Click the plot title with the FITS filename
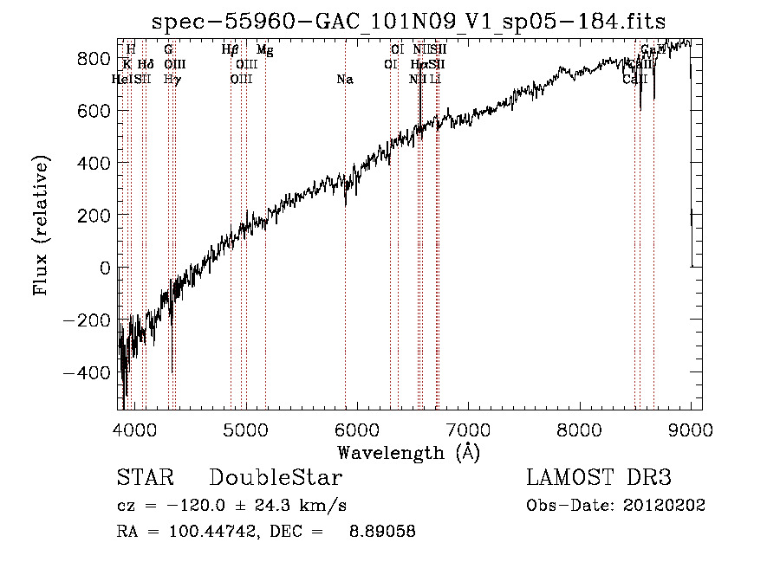[409, 22]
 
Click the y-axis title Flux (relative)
[41, 224]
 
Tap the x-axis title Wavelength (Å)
[408, 452]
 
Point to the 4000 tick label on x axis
[133, 428]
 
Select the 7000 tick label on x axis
[468, 428]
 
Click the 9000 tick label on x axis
[691, 428]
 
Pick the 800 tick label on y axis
[94, 58]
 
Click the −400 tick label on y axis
[87, 372]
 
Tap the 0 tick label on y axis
[104, 268]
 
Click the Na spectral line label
[345, 80]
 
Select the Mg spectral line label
[265, 50]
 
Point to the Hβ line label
[230, 50]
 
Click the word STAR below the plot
[145, 478]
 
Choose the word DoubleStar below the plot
[276, 478]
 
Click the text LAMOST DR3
[599, 478]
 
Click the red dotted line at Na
[345, 260]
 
